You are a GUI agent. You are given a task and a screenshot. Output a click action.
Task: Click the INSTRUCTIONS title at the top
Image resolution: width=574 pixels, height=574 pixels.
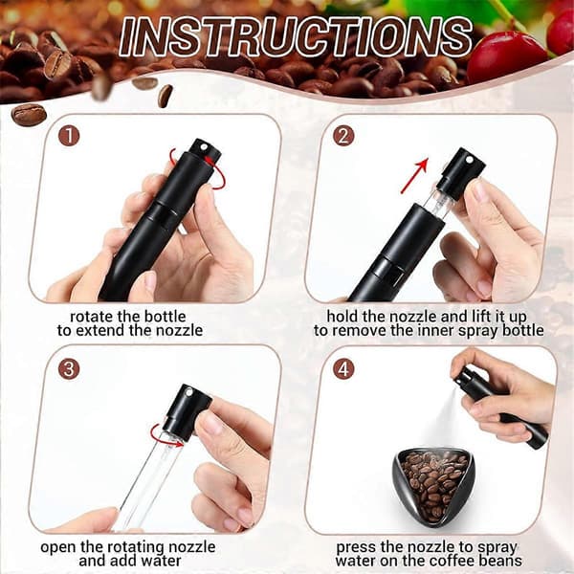[x=295, y=37]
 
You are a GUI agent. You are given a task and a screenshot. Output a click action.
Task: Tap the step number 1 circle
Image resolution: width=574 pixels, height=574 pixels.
[x=69, y=136]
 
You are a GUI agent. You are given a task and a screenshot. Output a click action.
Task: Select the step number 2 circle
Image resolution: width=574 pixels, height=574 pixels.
[x=343, y=136]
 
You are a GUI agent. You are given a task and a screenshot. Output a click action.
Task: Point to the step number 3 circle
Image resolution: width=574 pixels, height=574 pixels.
[x=69, y=368]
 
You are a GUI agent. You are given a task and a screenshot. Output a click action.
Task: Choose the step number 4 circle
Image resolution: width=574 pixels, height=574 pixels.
[x=343, y=368]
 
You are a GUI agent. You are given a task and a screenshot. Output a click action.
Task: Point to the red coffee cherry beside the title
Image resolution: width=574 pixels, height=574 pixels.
[x=506, y=55]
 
